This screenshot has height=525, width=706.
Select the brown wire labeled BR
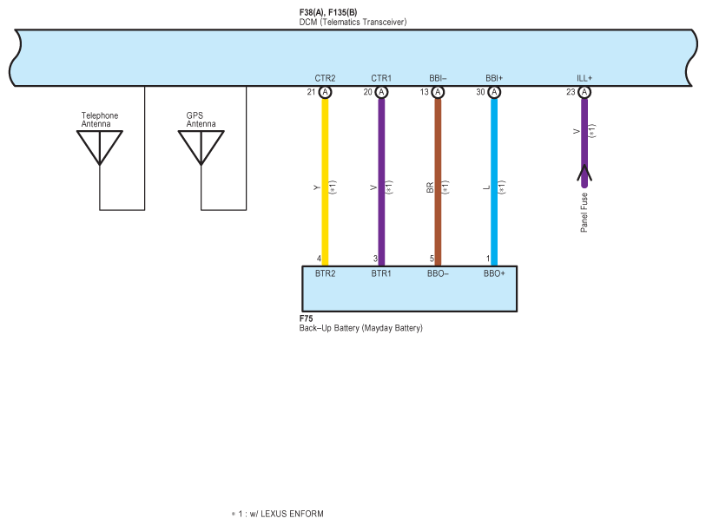click(438, 217)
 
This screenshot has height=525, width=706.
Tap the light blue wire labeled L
click(494, 217)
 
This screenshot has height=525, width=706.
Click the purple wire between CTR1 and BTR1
click(380, 217)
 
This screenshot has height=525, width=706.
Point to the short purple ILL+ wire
click(584, 130)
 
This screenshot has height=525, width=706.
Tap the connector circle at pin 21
click(325, 92)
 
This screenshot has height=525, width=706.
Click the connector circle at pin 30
click(494, 92)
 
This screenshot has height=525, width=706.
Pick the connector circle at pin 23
click(584, 92)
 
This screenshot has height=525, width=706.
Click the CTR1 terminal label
click(381, 78)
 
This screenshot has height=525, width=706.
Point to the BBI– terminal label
click(438, 78)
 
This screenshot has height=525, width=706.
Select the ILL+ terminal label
click(584, 78)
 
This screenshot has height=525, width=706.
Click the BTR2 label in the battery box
click(326, 273)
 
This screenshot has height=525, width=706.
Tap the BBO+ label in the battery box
click(495, 273)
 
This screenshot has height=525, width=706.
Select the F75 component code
click(306, 318)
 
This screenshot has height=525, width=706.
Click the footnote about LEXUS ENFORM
click(278, 514)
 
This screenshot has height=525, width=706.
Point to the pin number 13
click(425, 92)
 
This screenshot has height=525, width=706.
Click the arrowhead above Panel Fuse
click(584, 174)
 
